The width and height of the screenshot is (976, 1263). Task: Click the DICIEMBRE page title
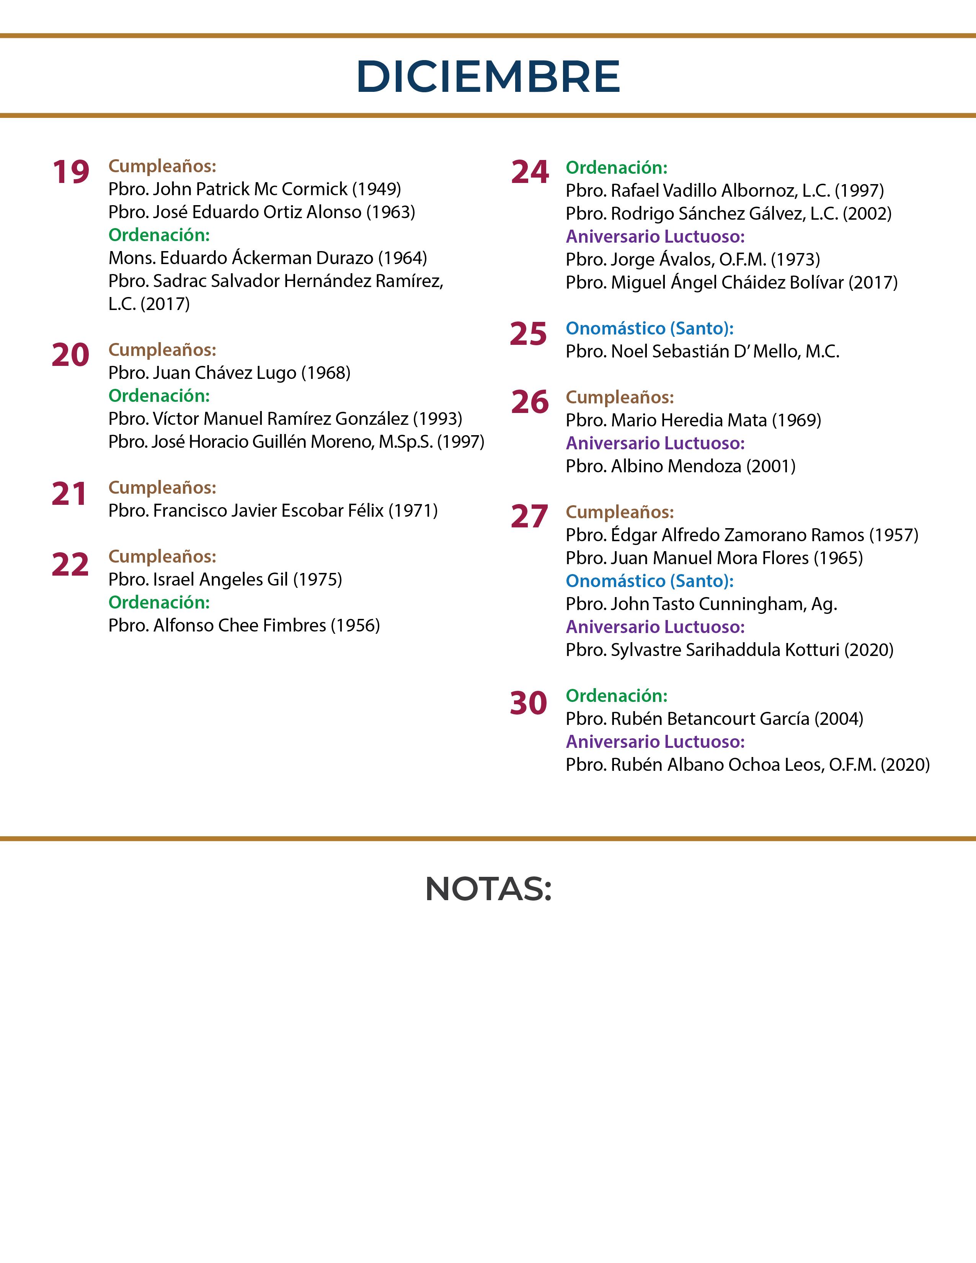488,76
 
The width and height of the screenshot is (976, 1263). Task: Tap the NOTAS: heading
488,889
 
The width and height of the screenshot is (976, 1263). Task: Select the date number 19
70,172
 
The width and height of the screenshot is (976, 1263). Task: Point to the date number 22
70,565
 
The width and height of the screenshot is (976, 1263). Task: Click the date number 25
528,334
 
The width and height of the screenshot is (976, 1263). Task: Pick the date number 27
529,517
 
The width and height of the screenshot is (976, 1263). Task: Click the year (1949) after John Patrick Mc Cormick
376,189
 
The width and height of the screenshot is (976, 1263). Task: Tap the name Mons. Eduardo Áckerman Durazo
240,258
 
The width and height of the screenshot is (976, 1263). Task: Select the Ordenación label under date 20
159,396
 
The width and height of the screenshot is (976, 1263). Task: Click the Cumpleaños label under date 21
162,488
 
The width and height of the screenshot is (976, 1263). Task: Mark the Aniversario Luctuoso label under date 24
655,237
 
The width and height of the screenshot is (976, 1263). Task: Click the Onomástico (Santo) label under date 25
649,328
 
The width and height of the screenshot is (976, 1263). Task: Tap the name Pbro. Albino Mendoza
653,466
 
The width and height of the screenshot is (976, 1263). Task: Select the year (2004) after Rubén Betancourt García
838,719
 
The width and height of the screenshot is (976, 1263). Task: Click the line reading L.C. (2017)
149,304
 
